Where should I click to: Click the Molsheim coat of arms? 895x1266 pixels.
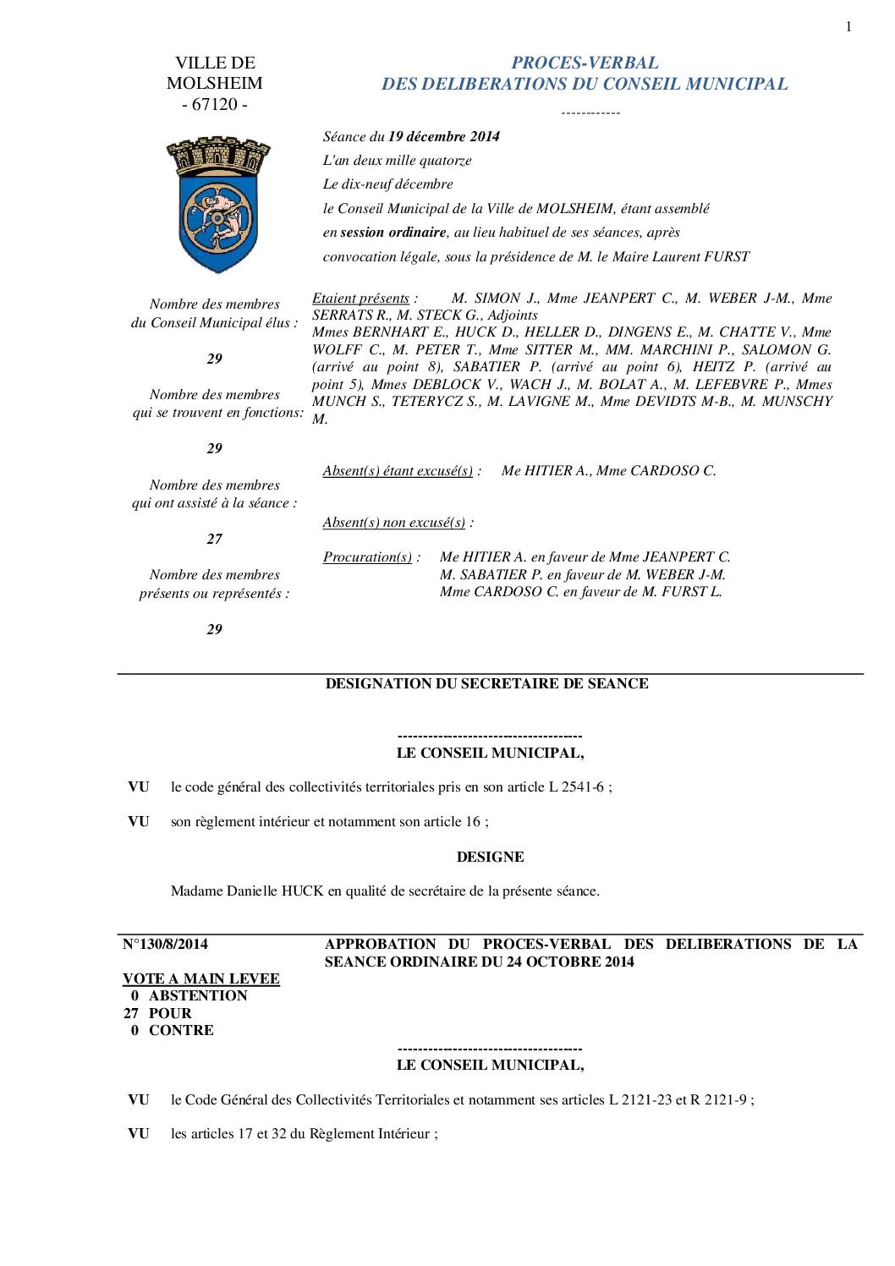click(x=214, y=203)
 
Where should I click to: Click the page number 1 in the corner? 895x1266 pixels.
click(x=848, y=27)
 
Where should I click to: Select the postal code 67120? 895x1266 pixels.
click(x=215, y=105)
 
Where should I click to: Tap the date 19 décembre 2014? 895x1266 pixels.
click(x=443, y=136)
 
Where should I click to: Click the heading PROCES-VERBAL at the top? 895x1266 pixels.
click(x=585, y=63)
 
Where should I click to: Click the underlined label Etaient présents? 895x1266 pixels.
click(x=360, y=298)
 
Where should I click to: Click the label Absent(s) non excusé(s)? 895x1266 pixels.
click(x=394, y=522)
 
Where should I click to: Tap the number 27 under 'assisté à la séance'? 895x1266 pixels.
click(x=215, y=539)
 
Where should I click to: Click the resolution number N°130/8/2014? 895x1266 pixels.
click(x=166, y=944)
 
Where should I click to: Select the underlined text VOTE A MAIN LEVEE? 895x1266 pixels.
click(x=201, y=978)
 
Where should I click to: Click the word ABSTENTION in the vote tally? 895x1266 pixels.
click(x=198, y=995)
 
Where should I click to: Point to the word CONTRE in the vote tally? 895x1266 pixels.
click(x=181, y=1030)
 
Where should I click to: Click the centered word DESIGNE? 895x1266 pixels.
click(x=490, y=857)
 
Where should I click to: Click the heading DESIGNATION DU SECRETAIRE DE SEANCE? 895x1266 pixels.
click(x=487, y=683)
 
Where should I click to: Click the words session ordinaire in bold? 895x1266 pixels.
click(x=393, y=232)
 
